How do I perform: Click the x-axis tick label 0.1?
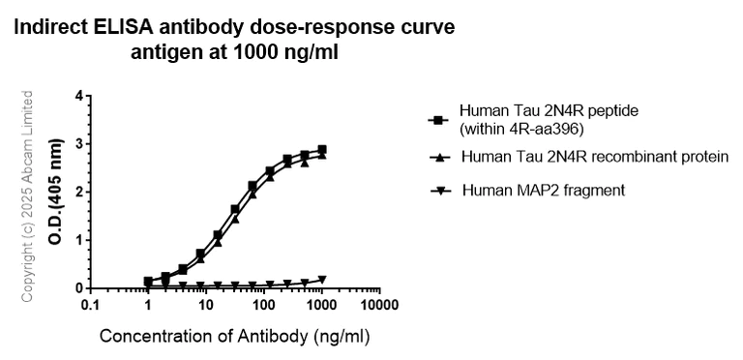click(90, 306)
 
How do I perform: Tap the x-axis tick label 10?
click(205, 306)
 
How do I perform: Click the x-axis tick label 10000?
click(378, 306)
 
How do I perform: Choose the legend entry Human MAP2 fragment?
click(544, 190)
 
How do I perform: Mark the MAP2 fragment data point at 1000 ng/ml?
click(322, 280)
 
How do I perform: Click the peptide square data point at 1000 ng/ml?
click(322, 150)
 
